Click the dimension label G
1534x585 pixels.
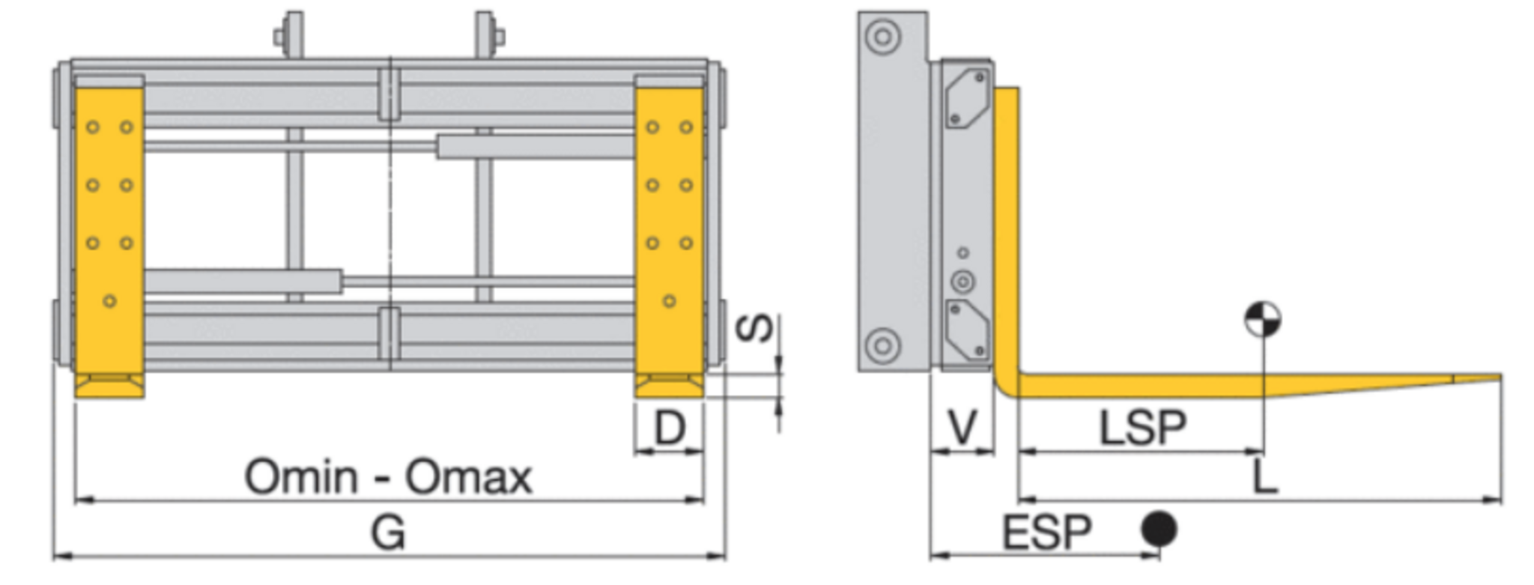[x=388, y=533]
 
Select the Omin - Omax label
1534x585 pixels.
[x=388, y=477]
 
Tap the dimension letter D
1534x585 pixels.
[x=670, y=428]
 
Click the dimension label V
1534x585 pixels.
[x=962, y=428]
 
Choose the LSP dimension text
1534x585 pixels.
[x=1142, y=428]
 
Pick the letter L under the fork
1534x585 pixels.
[x=1265, y=477]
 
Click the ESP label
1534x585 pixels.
[x=1047, y=533]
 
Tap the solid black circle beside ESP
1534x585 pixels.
[x=1159, y=530]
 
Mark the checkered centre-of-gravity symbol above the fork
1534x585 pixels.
[x=1263, y=320]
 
